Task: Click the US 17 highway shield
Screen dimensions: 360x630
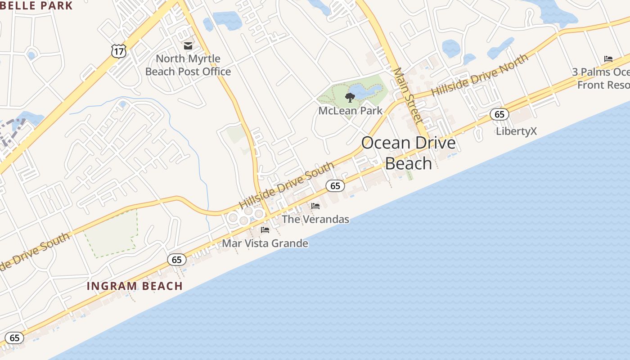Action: [x=119, y=51]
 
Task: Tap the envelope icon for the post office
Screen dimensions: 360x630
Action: [x=188, y=46]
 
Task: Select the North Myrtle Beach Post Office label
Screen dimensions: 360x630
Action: [x=188, y=65]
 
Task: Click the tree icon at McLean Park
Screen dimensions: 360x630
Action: [x=350, y=97]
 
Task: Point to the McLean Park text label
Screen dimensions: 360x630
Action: [x=350, y=111]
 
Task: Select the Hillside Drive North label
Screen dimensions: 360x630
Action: [x=480, y=76]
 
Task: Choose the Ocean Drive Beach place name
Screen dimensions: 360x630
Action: [x=408, y=153]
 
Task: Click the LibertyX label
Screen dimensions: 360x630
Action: [x=516, y=131]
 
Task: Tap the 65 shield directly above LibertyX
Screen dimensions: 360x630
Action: [x=499, y=114]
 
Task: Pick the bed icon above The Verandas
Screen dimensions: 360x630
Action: [x=315, y=206]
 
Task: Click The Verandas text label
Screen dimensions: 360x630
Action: [x=315, y=220]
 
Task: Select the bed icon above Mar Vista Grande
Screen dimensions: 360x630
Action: [x=265, y=230]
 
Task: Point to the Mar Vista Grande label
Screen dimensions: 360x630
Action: [x=265, y=243]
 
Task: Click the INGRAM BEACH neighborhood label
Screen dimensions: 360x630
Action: [x=135, y=286]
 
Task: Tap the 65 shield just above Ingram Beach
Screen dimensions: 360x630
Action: [x=177, y=260]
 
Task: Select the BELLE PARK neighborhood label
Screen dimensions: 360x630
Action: [x=37, y=6]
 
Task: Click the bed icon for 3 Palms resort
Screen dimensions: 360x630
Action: [x=608, y=58]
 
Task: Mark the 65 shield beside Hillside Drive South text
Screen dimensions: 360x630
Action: [x=335, y=185]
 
